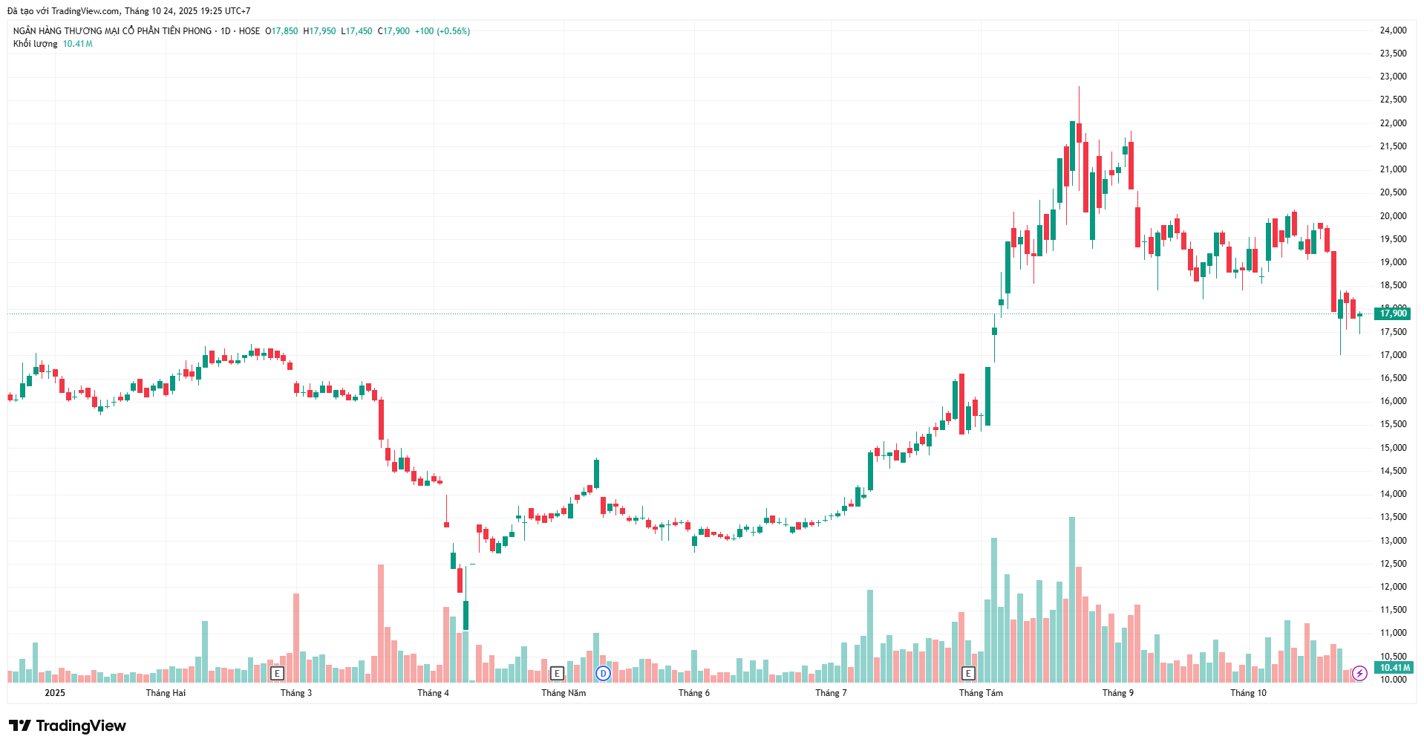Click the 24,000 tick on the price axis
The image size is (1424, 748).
1393,30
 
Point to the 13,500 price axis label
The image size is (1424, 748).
1393,517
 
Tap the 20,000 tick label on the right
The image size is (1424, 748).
1393,216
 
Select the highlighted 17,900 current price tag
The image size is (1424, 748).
1393,313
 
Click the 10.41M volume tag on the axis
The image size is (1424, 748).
1394,668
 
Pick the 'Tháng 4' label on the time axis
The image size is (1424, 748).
433,693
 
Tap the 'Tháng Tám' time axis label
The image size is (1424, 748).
980,693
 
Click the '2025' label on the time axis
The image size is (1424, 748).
55,693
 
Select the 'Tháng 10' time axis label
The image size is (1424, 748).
1248,693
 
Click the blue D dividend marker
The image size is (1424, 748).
603,674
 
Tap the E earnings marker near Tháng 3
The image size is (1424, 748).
277,674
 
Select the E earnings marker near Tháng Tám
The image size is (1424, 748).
968,674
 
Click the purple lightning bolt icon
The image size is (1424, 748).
1359,674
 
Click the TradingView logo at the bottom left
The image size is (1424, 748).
68,726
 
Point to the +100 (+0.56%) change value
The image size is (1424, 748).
442,31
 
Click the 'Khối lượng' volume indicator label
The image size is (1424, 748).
35,44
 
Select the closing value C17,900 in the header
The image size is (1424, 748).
393,31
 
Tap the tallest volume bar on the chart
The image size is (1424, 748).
1071,599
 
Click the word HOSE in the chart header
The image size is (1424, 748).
249,31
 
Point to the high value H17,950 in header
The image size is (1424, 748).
319,31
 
